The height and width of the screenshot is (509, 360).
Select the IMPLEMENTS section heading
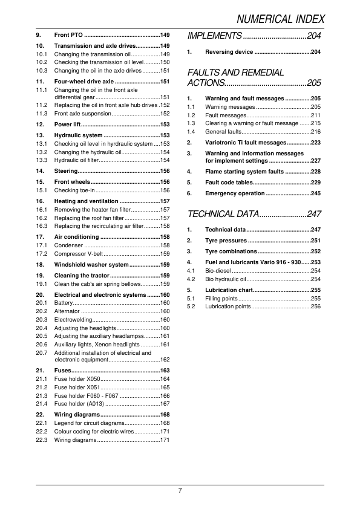(x=215, y=36)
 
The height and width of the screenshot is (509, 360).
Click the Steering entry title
(x=66, y=171)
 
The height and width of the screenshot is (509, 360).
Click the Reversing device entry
(x=229, y=53)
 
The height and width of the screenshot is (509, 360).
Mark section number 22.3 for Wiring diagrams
(x=42, y=440)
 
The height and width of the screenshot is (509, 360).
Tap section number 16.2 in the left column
(x=42, y=218)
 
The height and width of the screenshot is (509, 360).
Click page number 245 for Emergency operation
(x=316, y=193)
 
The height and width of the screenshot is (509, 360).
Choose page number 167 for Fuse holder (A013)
(x=165, y=403)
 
